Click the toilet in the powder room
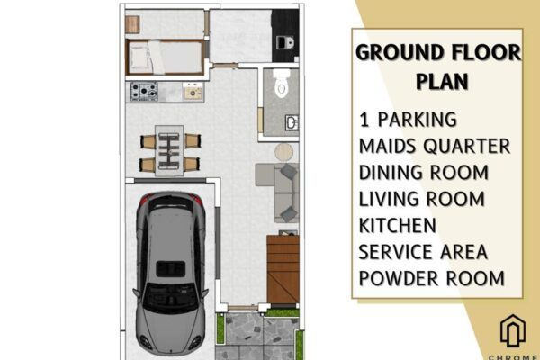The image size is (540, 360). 282,83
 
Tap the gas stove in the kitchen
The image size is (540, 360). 144,91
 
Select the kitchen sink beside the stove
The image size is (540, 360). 193,91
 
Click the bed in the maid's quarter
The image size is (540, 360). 165,58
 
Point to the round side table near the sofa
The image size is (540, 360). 284,152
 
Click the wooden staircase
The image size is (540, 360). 283,269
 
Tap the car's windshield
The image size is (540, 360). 170,298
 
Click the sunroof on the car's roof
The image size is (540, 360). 170,269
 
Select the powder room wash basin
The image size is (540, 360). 292,122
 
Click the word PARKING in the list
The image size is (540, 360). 417,120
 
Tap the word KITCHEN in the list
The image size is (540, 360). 398,225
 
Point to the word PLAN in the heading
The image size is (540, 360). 442,81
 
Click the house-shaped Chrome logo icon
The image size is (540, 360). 513,330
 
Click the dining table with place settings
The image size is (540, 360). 169,151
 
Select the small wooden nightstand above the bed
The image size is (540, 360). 132,24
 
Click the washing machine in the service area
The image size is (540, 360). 285,42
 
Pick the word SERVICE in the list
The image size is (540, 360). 391,252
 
